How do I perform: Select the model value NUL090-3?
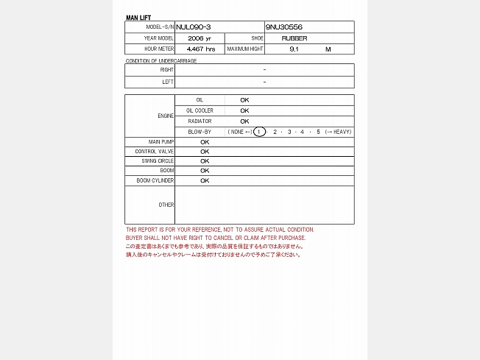194,27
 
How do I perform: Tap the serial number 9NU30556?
284,27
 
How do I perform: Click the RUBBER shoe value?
294,38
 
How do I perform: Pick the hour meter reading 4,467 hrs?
200,49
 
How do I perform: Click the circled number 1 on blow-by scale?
259,132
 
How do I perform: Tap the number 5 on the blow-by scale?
318,132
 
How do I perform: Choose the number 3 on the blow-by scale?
289,132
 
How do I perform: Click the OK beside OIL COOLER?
244,110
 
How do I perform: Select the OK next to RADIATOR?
244,121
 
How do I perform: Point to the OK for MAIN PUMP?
205,141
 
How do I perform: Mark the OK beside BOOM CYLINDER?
205,180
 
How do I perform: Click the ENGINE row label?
166,116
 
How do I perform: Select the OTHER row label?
166,205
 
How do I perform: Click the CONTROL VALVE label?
155,151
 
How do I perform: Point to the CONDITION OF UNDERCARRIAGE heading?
161,60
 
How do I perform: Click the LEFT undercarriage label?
168,82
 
